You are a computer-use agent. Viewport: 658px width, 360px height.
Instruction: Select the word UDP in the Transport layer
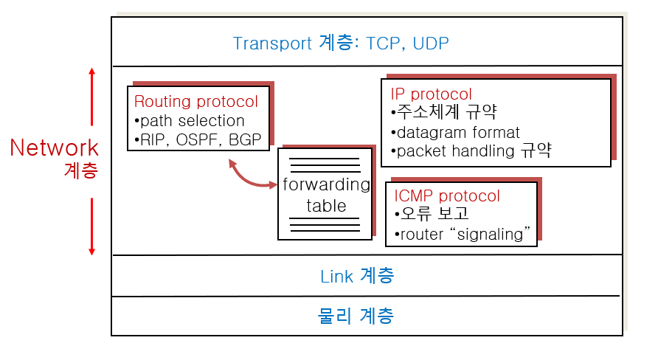coord(431,43)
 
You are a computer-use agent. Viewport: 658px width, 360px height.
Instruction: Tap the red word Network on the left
coord(54,148)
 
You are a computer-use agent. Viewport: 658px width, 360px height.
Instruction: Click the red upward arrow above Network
coord(92,96)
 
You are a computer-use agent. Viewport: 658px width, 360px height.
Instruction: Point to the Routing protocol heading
coord(195,102)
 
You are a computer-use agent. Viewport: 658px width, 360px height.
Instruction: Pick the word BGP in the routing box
coord(247,139)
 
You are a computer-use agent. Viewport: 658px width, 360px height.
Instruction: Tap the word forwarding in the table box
coord(326,184)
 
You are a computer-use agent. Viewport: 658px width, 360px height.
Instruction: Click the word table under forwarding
coord(326,205)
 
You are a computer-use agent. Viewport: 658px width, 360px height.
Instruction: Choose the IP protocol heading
coord(431,94)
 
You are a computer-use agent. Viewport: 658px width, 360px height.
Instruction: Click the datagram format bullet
coord(457,133)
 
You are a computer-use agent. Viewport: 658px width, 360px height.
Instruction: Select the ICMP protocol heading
coord(447,196)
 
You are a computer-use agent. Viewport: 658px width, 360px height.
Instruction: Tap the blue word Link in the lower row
coord(337,277)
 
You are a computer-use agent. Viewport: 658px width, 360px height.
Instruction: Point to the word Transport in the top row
coord(272,43)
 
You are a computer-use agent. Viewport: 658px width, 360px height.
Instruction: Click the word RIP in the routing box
coord(152,139)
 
